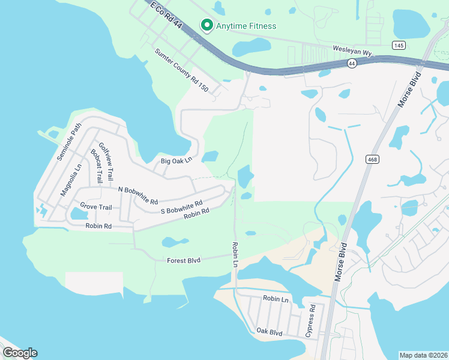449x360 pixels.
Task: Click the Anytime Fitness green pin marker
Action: tap(207, 25)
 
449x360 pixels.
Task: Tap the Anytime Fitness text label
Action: tap(246, 26)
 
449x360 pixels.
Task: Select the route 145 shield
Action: tap(399, 45)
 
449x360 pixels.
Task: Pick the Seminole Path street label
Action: tap(68, 142)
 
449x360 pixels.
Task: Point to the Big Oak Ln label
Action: tap(176, 160)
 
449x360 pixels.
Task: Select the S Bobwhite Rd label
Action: tap(182, 207)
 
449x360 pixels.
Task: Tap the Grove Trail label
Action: tap(96, 207)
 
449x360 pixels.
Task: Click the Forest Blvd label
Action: tap(184, 260)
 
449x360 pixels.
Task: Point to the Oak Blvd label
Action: tap(269, 331)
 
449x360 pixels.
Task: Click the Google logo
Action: tap(20, 353)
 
